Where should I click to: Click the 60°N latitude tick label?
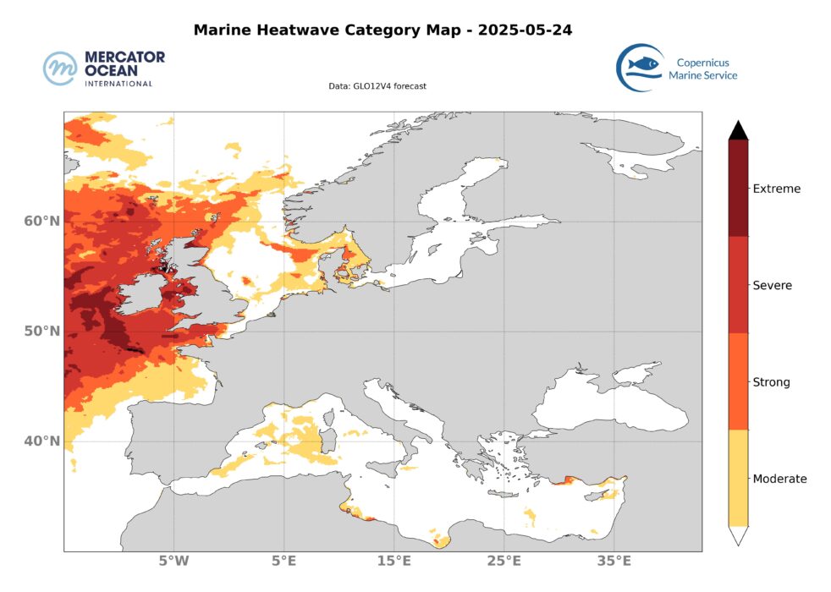click(41, 222)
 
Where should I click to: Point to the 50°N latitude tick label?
click(41, 332)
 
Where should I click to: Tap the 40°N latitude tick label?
click(41, 441)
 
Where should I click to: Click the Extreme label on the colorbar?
click(776, 189)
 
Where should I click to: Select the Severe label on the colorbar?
click(772, 286)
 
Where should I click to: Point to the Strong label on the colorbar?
click(771, 382)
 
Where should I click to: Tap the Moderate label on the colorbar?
click(779, 479)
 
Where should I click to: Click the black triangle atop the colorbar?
click(738, 129)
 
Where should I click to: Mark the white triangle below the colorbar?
click(738, 536)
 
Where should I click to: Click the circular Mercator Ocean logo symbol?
click(61, 69)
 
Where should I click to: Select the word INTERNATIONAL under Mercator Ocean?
click(118, 84)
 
